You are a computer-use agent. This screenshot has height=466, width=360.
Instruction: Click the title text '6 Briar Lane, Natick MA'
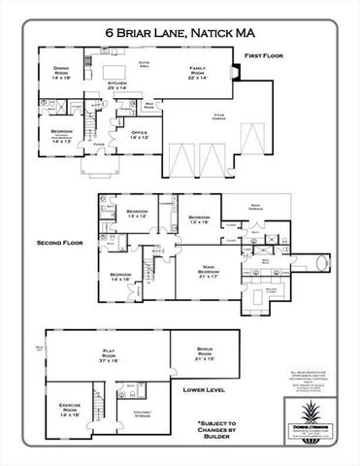pyautogui.click(x=180, y=32)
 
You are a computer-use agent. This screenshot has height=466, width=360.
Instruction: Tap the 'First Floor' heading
pyautogui.click(x=265, y=57)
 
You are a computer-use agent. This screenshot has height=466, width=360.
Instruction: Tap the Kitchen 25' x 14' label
pyautogui.click(x=117, y=86)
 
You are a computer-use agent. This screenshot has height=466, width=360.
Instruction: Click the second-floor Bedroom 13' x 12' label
pyautogui.click(x=137, y=214)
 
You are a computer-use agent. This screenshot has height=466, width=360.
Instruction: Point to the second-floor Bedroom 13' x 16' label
pyautogui.click(x=199, y=219)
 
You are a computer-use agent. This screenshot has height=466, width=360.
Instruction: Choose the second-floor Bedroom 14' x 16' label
pyautogui.click(x=120, y=278)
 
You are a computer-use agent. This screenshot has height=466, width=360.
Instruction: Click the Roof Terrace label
pyautogui.click(x=256, y=208)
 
